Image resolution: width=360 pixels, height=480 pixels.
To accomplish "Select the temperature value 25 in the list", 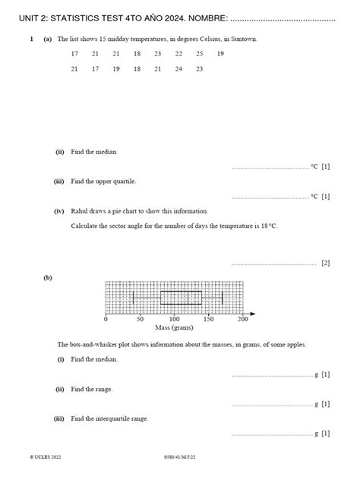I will tap(199, 54).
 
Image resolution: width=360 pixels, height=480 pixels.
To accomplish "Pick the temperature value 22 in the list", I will tap(178, 54).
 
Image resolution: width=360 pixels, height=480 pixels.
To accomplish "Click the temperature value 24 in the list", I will tap(178, 69).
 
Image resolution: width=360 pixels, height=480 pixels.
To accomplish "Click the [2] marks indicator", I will tap(325, 264).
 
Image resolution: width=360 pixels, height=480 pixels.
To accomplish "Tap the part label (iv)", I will tap(58, 211).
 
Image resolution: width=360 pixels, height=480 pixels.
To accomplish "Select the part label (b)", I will tap(48, 279).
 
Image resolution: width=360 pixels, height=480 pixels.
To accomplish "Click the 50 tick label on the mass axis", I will tap(140, 320).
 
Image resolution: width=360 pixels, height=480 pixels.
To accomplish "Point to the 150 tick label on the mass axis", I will tap(209, 320).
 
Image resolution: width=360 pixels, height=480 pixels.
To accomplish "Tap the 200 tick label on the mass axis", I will tap(243, 320).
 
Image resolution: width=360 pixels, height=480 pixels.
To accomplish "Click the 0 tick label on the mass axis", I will tap(106, 320).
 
